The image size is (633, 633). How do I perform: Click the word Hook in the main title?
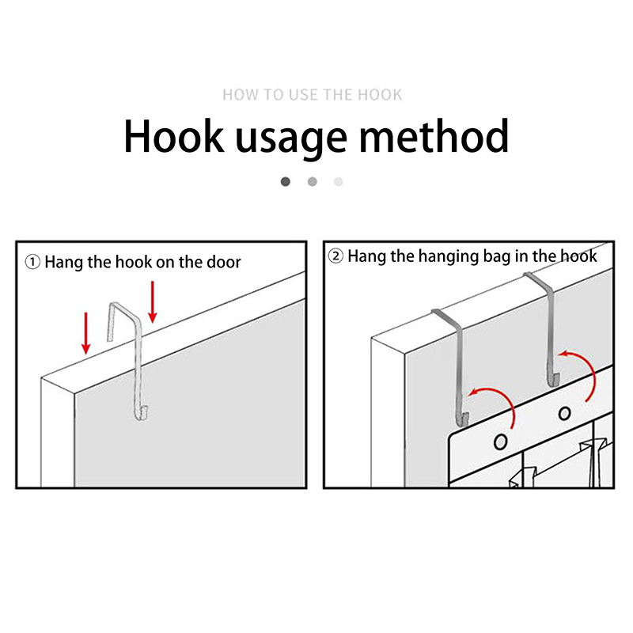(x=173, y=135)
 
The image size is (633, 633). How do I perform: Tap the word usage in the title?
(x=290, y=140)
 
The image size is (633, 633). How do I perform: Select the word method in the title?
(x=434, y=135)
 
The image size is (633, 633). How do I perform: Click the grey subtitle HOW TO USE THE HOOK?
(x=313, y=95)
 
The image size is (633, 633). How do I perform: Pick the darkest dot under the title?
(x=286, y=182)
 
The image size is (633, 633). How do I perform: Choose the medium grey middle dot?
(x=312, y=182)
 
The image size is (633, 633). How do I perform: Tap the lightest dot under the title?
(x=339, y=182)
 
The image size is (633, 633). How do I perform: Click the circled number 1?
(x=32, y=262)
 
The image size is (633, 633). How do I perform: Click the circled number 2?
(x=335, y=256)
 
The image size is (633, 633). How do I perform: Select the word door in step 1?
(x=224, y=262)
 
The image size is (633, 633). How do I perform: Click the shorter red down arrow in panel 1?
(x=85, y=333)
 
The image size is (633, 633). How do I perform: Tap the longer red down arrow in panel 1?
(x=152, y=302)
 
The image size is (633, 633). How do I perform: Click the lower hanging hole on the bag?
(x=501, y=442)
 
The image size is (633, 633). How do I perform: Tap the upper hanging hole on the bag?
(x=564, y=413)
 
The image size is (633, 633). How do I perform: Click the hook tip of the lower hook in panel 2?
(x=466, y=418)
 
